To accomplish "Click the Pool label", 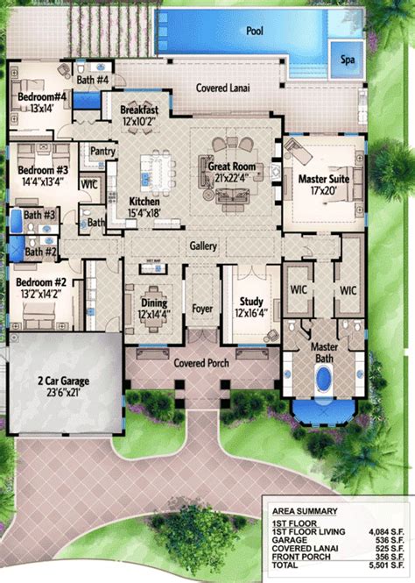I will [x=254, y=31].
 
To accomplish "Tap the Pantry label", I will [x=103, y=152].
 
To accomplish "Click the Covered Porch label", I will [x=203, y=362].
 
